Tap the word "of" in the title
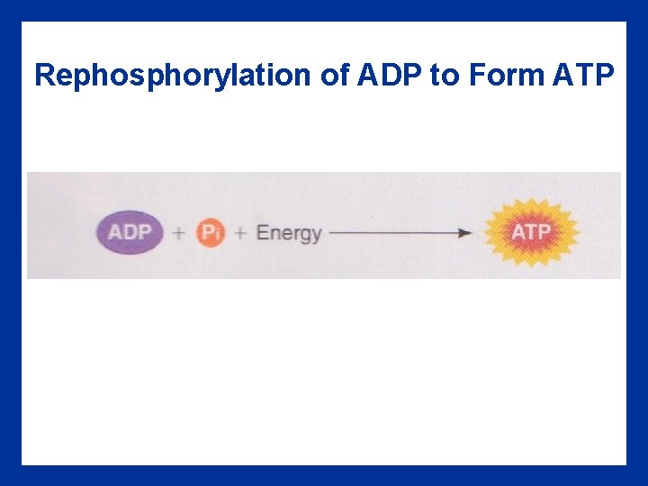click(335, 76)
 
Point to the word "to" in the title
click(444, 76)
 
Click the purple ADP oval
click(130, 232)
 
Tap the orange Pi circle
click(210, 233)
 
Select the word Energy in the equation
click(288, 233)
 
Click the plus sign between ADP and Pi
click(178, 233)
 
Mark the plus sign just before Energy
click(240, 233)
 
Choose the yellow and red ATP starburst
click(531, 232)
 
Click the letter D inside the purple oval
click(130, 232)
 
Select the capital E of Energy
click(263, 232)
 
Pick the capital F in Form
click(475, 76)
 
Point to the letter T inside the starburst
click(531, 232)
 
